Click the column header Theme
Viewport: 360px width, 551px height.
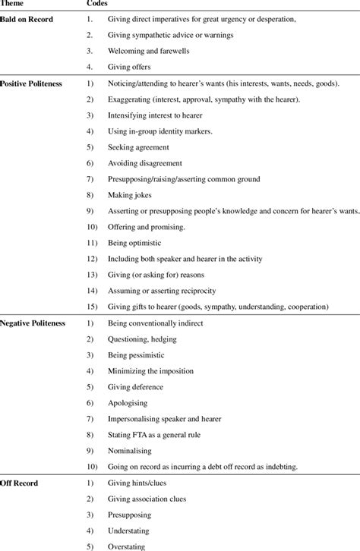[x=14, y=5]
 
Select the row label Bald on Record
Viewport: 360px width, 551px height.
[x=27, y=18]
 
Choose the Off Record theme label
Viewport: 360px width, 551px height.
[x=20, y=483]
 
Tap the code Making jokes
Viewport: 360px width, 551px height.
[x=131, y=195]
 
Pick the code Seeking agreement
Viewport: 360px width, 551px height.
[x=137, y=146]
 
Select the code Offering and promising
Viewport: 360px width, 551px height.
[x=145, y=227]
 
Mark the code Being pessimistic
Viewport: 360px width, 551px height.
[x=138, y=355]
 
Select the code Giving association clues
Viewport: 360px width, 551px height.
[x=152, y=499]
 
